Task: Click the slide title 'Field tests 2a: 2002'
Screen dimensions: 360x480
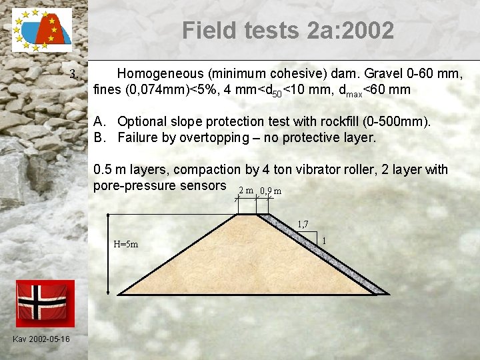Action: [287, 30]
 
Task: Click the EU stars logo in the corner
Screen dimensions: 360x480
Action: [42, 31]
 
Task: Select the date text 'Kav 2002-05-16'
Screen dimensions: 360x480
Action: [41, 339]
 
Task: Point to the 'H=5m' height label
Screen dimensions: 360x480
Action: [126, 244]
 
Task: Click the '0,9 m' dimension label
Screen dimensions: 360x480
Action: [271, 191]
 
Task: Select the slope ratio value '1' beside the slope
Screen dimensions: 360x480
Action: [323, 240]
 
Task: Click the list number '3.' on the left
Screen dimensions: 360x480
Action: [75, 73]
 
